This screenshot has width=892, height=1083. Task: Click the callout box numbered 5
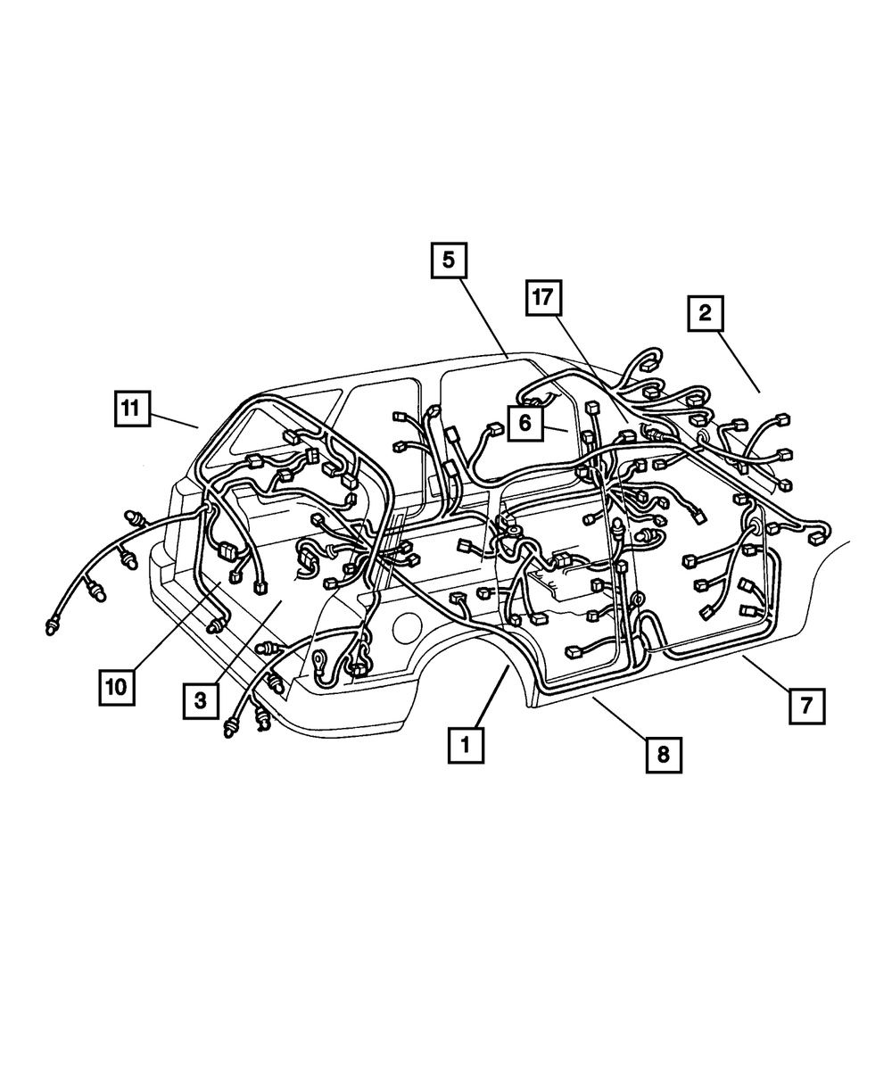pos(448,260)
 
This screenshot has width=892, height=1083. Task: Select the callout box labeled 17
pos(544,298)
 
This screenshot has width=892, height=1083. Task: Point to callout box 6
pos(524,423)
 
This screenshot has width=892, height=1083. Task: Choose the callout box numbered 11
pos(131,409)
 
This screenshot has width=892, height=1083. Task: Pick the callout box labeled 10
pos(118,688)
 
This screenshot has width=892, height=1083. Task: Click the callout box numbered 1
pos(466,744)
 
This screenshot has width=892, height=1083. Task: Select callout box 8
pos(663,754)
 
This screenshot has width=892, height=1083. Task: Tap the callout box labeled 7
pos(805,706)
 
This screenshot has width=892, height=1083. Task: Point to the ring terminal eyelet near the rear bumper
pos(318,662)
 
